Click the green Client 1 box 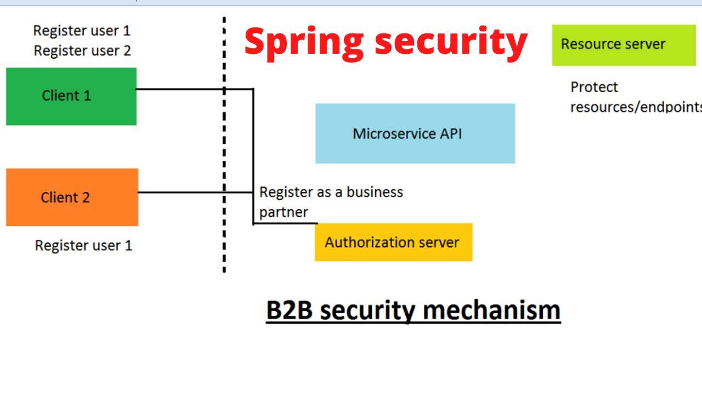point(71,97)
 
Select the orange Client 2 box point(72,198)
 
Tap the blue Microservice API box point(415,133)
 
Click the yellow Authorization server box point(393,242)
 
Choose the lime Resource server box point(623,44)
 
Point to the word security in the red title point(450,42)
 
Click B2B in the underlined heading point(289,310)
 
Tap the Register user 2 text point(82,51)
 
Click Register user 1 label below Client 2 point(83,245)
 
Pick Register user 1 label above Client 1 point(82,31)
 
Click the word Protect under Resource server point(594,87)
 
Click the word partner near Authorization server point(284,212)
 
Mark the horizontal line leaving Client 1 point(181,89)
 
